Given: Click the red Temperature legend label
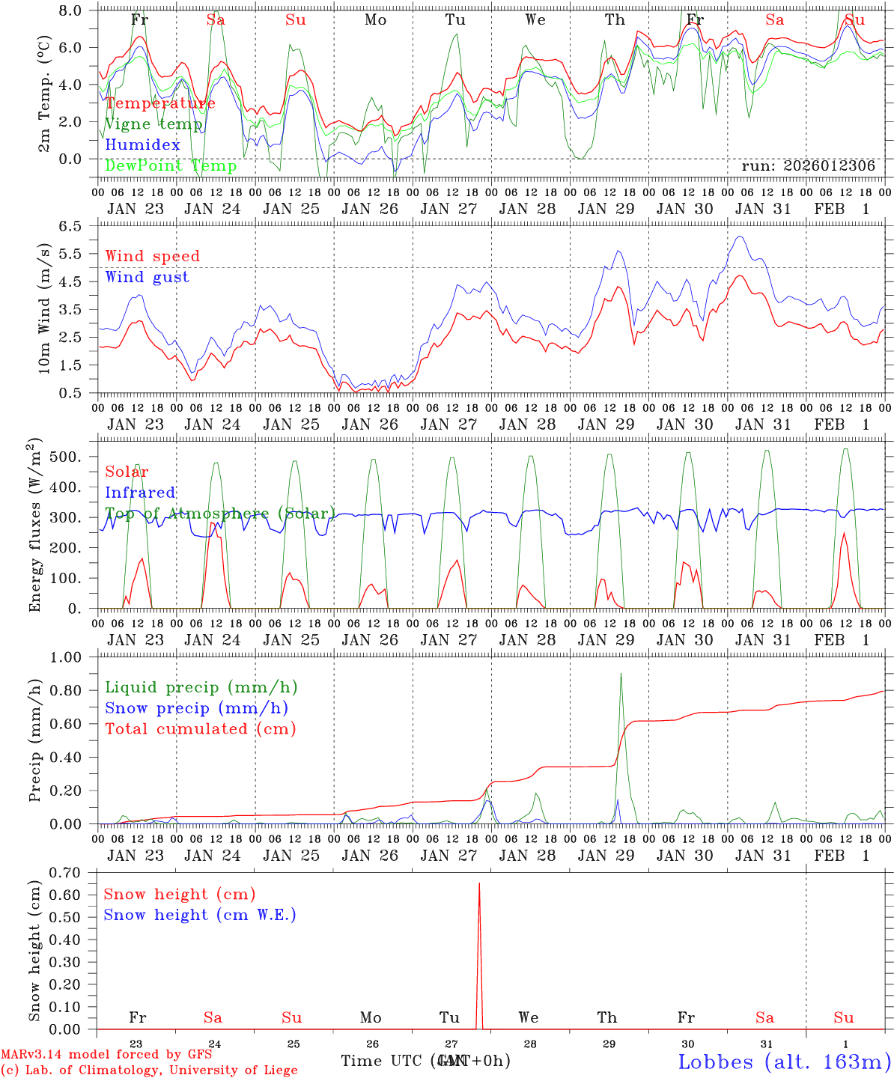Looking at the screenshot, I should tap(160, 103).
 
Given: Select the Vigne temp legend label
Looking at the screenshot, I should tap(154, 124).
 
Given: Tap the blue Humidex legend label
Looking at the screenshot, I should tap(143, 145).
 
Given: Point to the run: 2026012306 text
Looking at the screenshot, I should tap(808, 166).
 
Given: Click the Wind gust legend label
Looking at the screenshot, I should tap(147, 277).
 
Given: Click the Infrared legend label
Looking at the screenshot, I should tap(140, 493).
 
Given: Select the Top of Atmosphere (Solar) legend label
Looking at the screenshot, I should tap(219, 514).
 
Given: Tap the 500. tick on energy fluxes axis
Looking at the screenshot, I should tap(77, 457).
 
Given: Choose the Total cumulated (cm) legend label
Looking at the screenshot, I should tap(200, 728).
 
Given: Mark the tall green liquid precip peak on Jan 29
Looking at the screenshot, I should tap(621, 674).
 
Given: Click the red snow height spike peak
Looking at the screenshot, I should tap(479, 884).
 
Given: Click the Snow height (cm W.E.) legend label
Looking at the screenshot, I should tap(200, 915).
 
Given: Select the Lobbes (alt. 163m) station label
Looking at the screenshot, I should tap(784, 1062).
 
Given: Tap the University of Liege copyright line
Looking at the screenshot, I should tap(149, 1070).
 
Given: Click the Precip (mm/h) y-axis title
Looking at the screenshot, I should tap(35, 741).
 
